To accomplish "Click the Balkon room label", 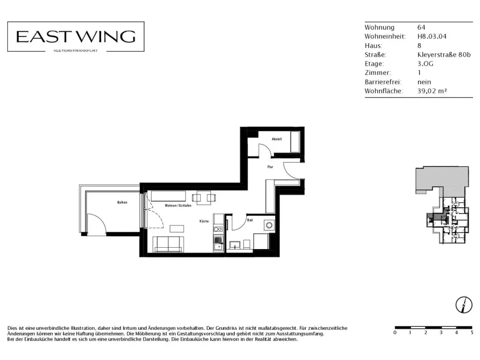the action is tap(122, 203).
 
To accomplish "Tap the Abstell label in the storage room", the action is tap(277, 139).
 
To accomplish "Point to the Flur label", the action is tap(270, 167).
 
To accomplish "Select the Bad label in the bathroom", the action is tap(250, 220).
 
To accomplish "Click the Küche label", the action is tap(204, 221).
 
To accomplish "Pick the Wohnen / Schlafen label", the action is tap(178, 205).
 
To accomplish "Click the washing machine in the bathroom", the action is tap(269, 226).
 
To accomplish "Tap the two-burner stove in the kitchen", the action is tap(218, 229).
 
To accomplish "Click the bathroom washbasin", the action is tap(235, 245).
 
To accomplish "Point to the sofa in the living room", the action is tap(168, 244).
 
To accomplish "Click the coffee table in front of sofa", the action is tap(177, 228).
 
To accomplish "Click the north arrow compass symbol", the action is tap(464, 305).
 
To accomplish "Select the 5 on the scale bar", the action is tap(472, 333).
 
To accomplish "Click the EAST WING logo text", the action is tap(76, 37).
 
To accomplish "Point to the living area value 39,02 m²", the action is tap(432, 91).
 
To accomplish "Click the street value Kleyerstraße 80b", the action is tap(444, 55).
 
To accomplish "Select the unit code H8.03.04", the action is tap(432, 36).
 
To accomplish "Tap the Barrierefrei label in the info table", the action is tap(383, 82).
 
